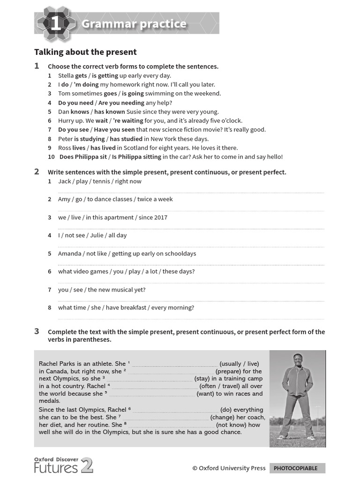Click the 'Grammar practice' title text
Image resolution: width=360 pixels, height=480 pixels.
pos(134,24)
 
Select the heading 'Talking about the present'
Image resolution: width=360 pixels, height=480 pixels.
pos(85,52)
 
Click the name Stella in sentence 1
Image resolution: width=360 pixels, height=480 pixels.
pos(66,75)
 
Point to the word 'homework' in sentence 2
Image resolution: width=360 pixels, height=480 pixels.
pos(114,84)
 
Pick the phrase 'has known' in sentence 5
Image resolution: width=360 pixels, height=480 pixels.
pos(110,112)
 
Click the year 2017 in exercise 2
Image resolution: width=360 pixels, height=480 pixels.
pos(160,217)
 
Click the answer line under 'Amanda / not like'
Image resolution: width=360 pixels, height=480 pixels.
pos(191,265)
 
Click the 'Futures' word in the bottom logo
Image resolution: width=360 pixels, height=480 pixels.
pos(56,467)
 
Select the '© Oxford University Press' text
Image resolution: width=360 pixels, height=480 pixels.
pos(229,468)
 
